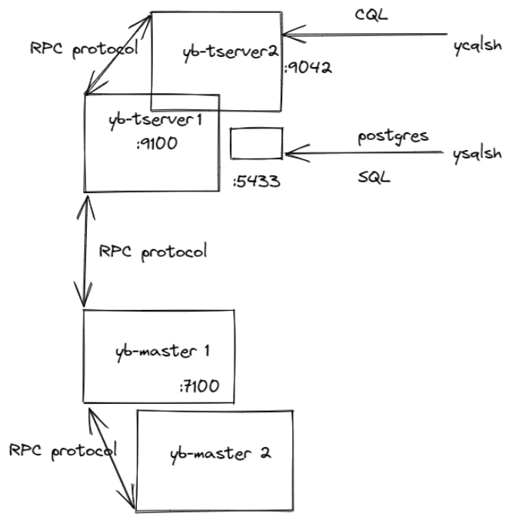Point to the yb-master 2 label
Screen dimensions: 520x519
click(x=220, y=452)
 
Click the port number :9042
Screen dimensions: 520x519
click(x=308, y=68)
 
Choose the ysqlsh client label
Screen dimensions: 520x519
click(x=477, y=154)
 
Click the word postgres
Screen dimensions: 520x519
click(x=393, y=136)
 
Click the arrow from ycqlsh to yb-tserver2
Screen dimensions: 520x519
click(x=365, y=33)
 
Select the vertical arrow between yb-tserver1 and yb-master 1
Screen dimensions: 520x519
click(x=85, y=250)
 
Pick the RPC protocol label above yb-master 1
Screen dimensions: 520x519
click(x=153, y=252)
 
